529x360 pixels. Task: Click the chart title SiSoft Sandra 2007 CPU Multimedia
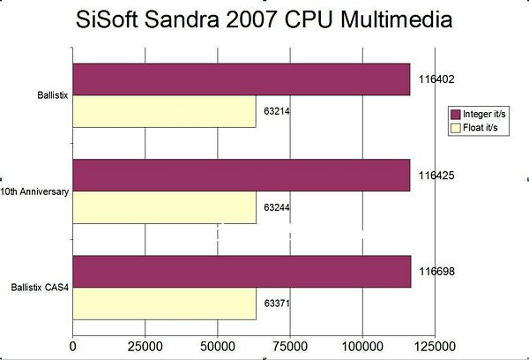tap(264, 19)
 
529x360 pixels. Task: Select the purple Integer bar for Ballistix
tap(242, 79)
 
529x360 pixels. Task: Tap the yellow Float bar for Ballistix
tap(164, 111)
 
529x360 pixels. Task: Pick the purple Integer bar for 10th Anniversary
tap(242, 176)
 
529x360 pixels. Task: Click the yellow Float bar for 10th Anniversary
tap(165, 207)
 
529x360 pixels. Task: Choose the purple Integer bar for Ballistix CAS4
tap(242, 272)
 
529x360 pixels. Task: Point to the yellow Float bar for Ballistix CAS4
tap(165, 304)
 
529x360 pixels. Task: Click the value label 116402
tap(436, 79)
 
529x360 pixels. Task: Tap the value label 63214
tap(277, 111)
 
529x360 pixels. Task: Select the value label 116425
tap(436, 176)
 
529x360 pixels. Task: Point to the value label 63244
tap(277, 207)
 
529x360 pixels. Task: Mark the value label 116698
tap(437, 272)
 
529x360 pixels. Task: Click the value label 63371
tap(277, 304)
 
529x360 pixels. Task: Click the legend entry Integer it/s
tap(479, 114)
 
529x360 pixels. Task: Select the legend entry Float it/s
tap(474, 128)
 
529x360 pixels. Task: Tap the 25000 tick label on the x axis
tap(145, 347)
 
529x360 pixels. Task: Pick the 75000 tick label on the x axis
tap(290, 347)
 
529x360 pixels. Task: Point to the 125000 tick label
tap(436, 347)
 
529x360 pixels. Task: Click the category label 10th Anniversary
tap(34, 191)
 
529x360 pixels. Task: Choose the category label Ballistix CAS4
tap(40, 288)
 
